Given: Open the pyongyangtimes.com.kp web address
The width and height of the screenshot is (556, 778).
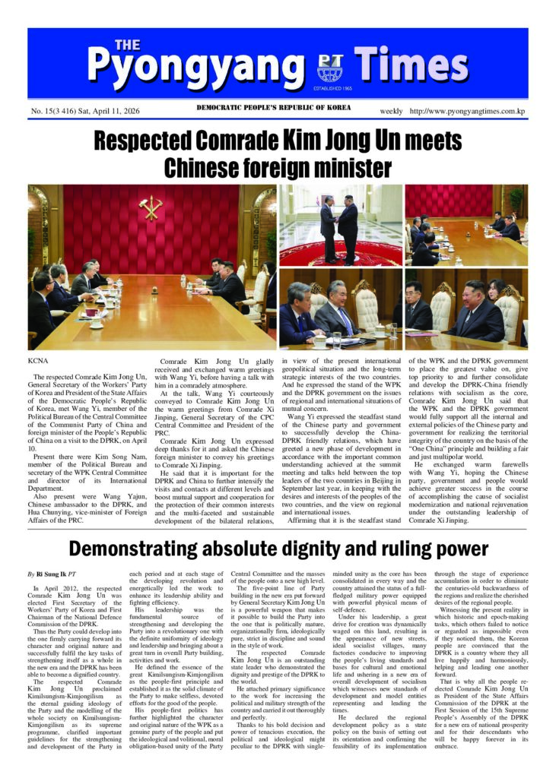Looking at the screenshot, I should click(x=468, y=112).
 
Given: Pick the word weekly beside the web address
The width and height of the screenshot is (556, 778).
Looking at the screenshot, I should click(x=392, y=112).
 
